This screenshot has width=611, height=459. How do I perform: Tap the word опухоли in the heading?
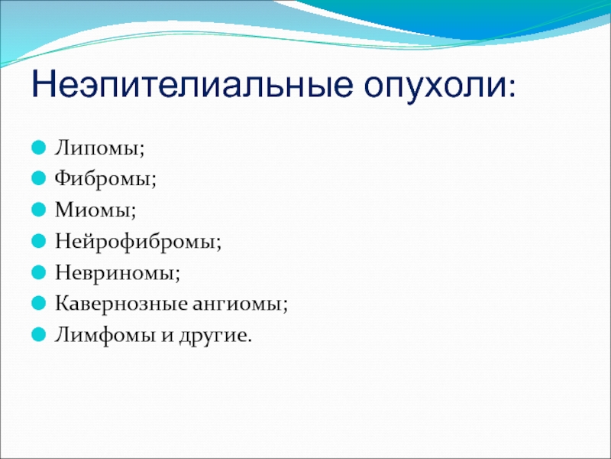(x=435, y=87)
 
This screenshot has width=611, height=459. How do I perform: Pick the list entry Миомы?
(x=92, y=210)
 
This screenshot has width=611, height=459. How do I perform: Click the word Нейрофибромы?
(x=135, y=241)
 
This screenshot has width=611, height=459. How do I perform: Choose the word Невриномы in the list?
(x=115, y=272)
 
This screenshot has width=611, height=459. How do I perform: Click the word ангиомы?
(x=237, y=304)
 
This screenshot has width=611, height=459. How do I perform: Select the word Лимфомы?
(x=105, y=335)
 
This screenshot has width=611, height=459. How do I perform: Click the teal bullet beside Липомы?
(x=39, y=148)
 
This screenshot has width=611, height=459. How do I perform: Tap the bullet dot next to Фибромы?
(x=39, y=178)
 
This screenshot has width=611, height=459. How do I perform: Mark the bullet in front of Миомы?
(x=39, y=210)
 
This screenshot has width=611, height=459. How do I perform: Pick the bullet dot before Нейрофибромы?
(x=39, y=241)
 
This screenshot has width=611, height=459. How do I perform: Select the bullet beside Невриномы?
(x=39, y=272)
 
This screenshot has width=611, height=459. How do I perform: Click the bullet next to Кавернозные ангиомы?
(x=39, y=303)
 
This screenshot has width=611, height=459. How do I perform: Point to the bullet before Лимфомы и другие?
(x=39, y=334)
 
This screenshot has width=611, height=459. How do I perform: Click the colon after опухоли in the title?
(x=512, y=88)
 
